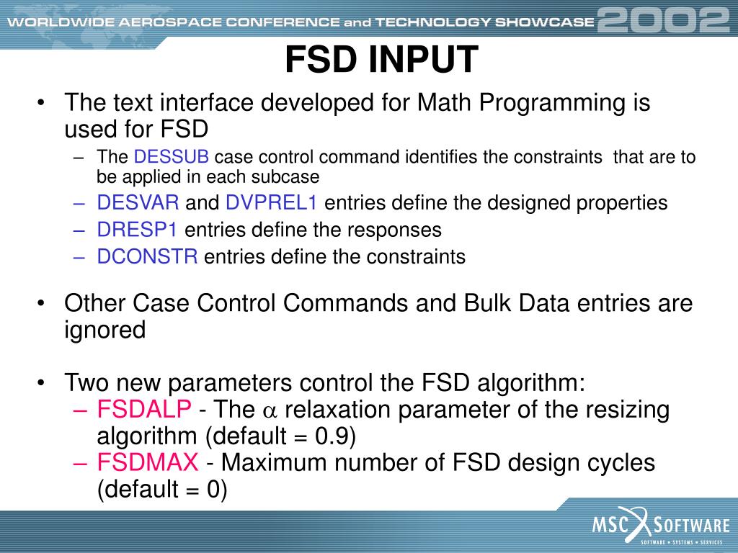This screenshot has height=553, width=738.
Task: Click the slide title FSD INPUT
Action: [381, 60]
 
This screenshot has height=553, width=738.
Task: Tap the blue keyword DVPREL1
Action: [272, 203]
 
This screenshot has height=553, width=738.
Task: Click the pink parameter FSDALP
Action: [145, 410]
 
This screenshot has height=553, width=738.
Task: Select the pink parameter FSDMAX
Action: [148, 463]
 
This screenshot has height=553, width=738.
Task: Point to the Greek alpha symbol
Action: [270, 411]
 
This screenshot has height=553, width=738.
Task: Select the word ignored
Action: [105, 330]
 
